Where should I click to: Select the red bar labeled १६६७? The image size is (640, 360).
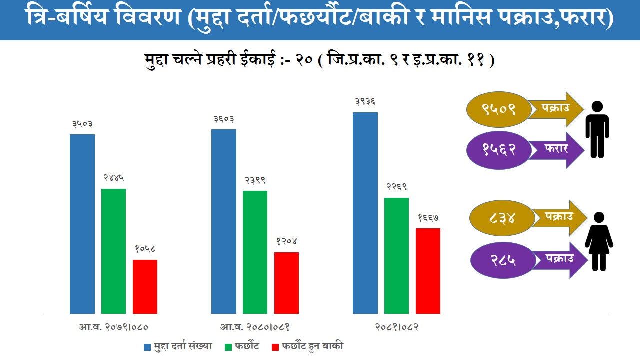[x=428, y=271]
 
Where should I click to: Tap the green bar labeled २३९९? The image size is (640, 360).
[x=255, y=252]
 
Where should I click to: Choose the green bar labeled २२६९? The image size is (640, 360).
[x=396, y=255]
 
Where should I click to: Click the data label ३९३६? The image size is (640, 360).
[x=365, y=102]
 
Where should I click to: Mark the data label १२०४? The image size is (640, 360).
[x=287, y=242]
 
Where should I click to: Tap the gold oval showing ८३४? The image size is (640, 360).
[x=501, y=218]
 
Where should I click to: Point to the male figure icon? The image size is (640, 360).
[x=597, y=129]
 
